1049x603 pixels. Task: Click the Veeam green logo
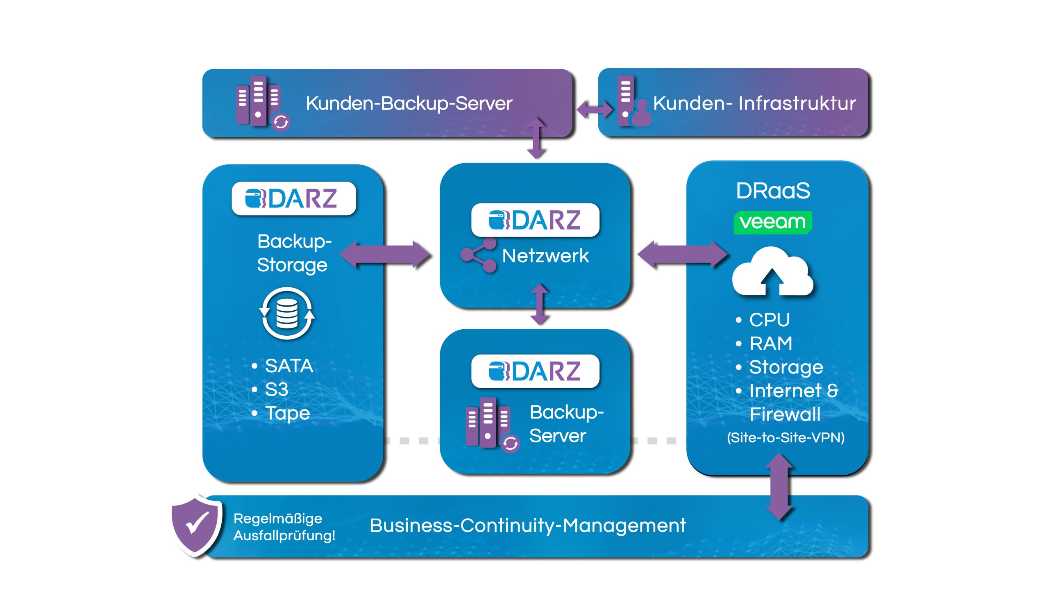point(772,223)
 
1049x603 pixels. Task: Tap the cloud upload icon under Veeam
point(772,272)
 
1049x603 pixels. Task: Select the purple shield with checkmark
point(197,525)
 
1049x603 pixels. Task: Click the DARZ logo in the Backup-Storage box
point(293,198)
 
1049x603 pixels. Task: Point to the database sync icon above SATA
point(287,314)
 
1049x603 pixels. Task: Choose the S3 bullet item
point(277,389)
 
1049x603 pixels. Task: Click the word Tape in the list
point(287,413)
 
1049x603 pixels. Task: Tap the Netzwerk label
point(545,256)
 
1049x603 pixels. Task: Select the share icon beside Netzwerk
point(479,255)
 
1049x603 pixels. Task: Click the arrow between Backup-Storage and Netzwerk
point(386,254)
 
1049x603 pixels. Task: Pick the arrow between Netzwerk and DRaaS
point(682,254)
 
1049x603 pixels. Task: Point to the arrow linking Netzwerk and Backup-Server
point(540,304)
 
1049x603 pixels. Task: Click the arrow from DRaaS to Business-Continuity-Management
point(779,487)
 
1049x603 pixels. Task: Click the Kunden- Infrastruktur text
point(754,103)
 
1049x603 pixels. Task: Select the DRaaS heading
point(773,191)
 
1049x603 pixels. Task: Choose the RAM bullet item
point(770,344)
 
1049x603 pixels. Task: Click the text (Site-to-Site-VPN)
point(786,438)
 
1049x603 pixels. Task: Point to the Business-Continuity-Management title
point(528,526)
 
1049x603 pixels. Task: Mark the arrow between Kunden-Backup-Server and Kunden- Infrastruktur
point(595,110)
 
